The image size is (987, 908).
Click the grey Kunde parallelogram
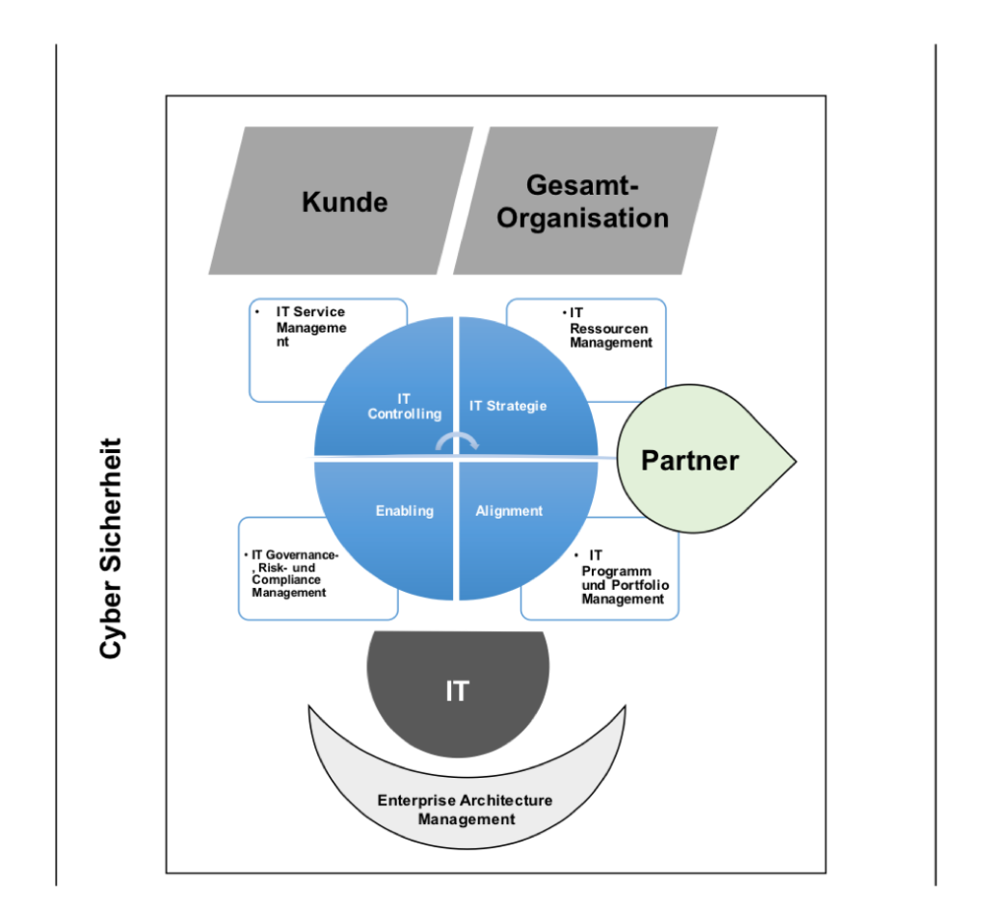[x=341, y=200]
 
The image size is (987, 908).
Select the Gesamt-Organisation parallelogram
[x=585, y=200]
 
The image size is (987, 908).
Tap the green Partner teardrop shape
[x=704, y=461]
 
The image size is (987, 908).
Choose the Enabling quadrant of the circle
[x=395, y=521]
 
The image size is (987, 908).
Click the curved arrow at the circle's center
[x=457, y=441]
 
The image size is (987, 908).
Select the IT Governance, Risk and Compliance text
[x=293, y=574]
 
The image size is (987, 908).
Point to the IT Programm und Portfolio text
[x=625, y=577]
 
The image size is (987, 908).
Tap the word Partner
[x=690, y=461]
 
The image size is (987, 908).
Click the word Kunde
[x=344, y=201]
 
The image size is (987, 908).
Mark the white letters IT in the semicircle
[x=457, y=691]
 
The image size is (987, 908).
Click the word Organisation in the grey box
[x=582, y=218]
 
